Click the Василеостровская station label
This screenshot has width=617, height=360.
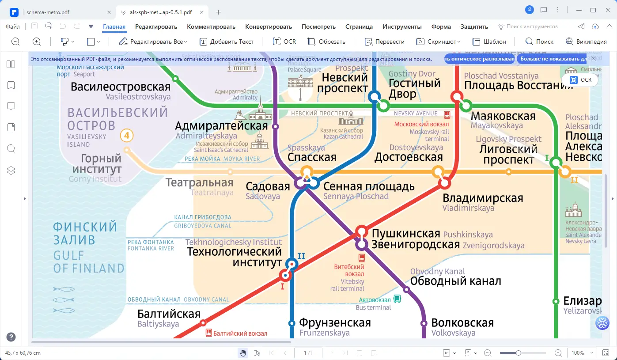click(x=121, y=87)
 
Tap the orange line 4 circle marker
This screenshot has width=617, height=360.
click(x=126, y=136)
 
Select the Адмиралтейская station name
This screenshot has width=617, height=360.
click(x=221, y=125)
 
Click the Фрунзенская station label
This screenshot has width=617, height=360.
click(x=335, y=323)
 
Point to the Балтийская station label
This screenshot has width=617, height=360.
click(x=169, y=314)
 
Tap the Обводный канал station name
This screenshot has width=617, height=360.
click(x=455, y=280)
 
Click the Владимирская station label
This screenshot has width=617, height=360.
click(x=482, y=198)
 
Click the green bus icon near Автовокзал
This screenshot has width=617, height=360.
click(x=397, y=299)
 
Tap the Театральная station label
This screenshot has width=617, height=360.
click(x=199, y=182)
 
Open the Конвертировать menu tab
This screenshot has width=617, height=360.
click(x=269, y=27)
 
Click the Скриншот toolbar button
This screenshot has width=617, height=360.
click(x=438, y=42)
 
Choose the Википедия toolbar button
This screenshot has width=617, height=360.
click(x=586, y=42)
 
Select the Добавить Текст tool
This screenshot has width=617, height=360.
click(x=227, y=42)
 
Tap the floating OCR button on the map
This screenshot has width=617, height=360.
click(x=580, y=80)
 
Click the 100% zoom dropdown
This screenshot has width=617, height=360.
click(x=583, y=353)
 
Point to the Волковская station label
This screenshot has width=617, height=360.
click(x=462, y=323)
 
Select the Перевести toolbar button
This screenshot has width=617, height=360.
click(x=384, y=42)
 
